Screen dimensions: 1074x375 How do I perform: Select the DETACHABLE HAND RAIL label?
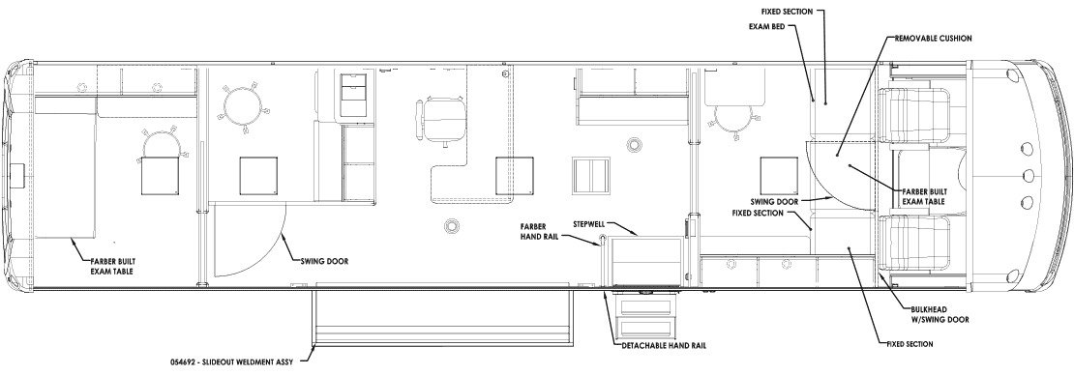[663, 346]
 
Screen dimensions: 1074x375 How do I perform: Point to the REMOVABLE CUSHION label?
[933, 39]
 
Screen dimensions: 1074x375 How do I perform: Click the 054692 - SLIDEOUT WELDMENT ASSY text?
[231, 361]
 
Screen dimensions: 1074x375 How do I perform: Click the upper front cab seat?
[919, 116]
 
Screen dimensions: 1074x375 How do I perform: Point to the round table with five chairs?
[243, 105]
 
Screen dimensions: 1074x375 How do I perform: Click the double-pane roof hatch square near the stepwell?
[591, 175]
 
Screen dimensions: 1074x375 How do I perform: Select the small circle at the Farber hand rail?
[603, 238]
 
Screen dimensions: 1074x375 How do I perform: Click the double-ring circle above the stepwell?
[632, 144]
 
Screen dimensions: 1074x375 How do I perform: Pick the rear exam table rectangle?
[65, 176]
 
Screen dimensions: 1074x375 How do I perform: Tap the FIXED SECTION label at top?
[787, 12]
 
